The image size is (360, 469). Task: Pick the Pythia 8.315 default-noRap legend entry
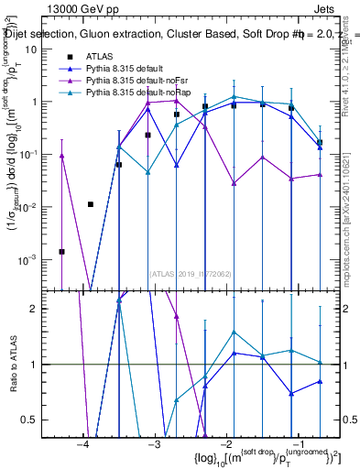point(132,93)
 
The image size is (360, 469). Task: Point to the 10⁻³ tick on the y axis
point(27,260)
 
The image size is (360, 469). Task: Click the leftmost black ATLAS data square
point(61,251)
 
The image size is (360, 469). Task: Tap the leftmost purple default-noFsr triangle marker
point(61,156)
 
